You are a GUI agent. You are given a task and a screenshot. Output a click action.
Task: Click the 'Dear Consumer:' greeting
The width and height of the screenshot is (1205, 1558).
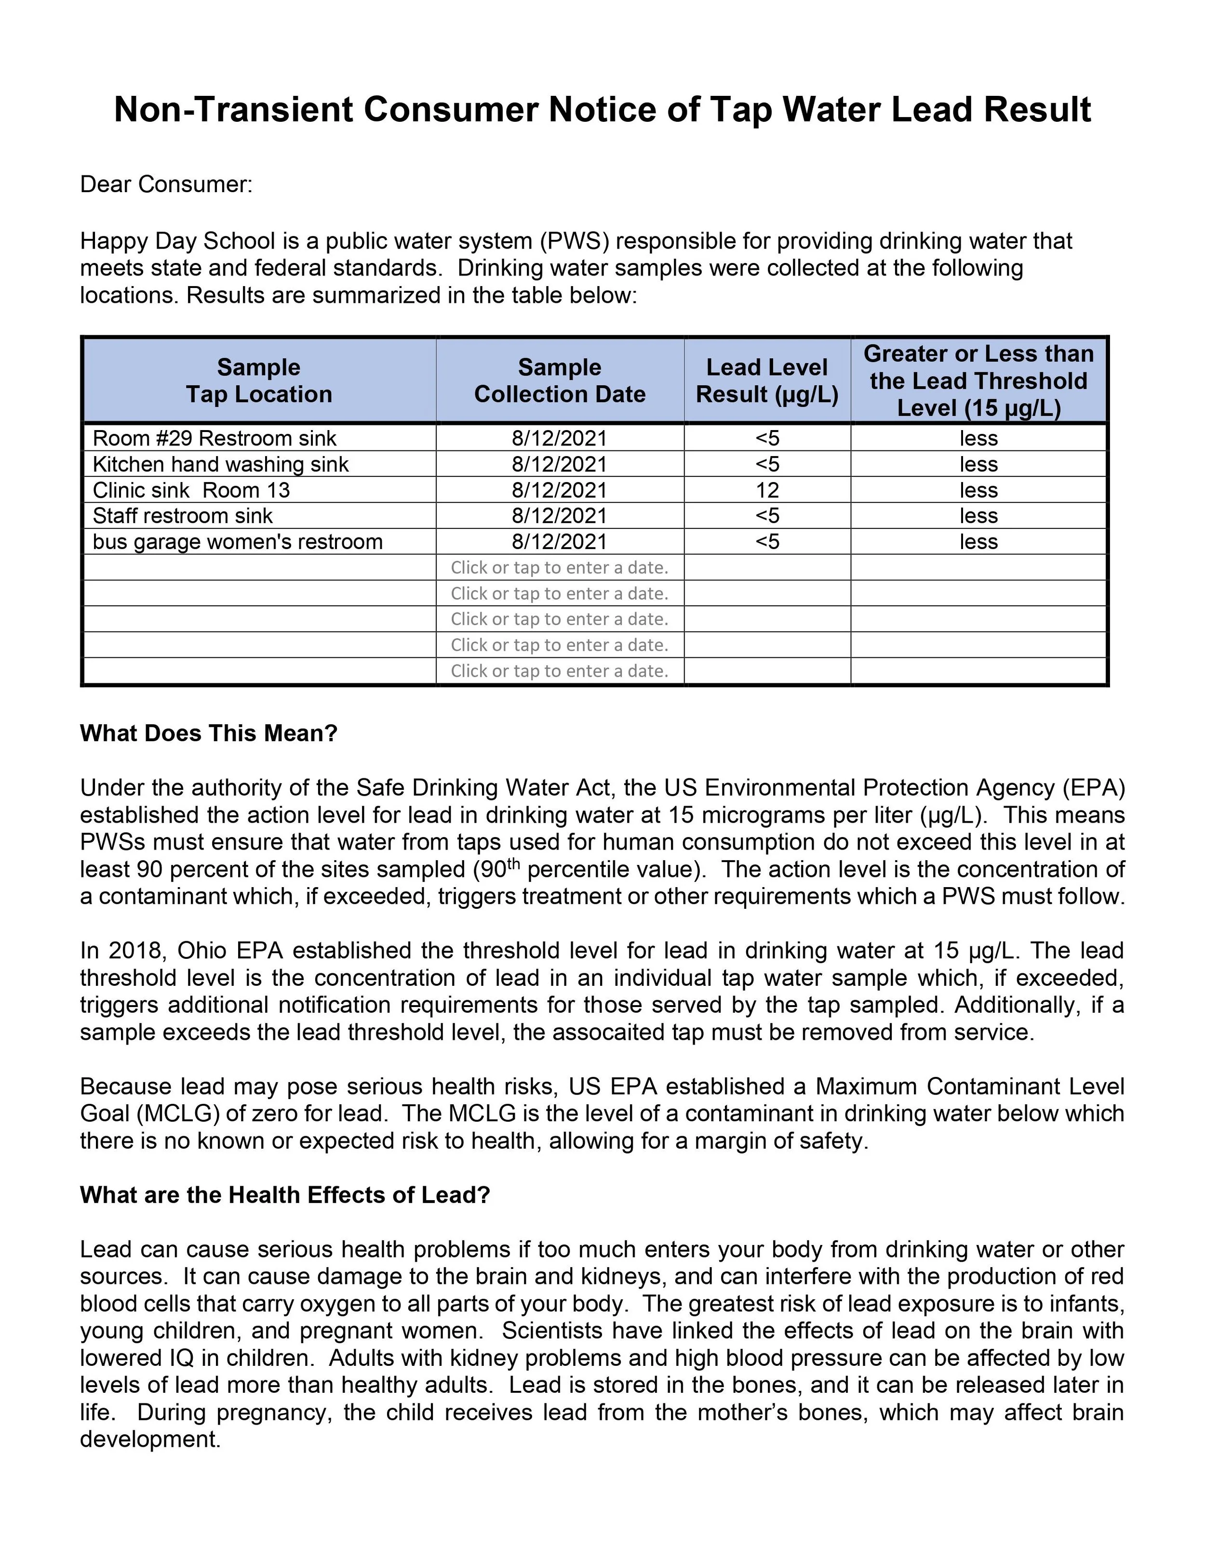166,185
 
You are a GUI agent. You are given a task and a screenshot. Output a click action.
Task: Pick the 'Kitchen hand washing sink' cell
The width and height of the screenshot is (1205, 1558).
221,464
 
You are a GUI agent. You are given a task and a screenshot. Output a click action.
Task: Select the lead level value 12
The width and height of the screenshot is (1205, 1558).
767,491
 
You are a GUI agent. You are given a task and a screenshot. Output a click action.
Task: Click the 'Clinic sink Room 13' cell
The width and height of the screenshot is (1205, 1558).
191,491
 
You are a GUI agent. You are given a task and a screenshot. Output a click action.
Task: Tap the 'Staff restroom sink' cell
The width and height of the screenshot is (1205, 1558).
183,516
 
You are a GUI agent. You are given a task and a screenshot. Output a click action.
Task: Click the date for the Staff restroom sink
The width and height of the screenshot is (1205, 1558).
560,516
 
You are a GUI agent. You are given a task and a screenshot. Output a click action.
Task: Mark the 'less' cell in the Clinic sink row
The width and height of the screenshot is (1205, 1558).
978,491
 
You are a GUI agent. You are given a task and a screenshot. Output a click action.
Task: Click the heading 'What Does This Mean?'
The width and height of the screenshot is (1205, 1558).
208,733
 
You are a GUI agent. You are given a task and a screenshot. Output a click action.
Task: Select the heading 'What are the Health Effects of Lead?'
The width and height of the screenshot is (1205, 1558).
285,1195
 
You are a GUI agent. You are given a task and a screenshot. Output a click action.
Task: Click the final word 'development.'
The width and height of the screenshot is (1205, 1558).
150,1439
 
